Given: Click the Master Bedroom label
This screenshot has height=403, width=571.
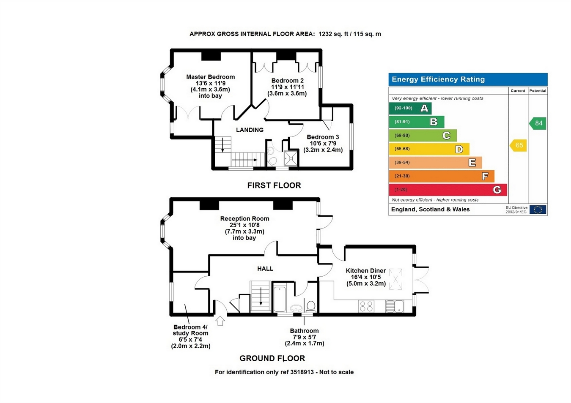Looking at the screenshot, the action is point(210,77).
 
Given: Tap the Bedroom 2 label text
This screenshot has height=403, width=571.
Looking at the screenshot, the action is point(287,81).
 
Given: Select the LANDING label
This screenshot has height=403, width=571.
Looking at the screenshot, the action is point(250,130).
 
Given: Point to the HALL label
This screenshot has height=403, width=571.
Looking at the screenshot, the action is point(265,269).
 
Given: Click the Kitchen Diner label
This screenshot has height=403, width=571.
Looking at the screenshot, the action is point(366,271).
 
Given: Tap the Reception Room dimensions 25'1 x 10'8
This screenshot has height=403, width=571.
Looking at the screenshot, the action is point(244,225).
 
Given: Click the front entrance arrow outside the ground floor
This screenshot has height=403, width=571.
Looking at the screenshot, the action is point(220,321).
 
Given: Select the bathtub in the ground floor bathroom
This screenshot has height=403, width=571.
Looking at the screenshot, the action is point(280,299).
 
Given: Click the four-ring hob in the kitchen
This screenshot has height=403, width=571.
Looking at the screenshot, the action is point(366,306).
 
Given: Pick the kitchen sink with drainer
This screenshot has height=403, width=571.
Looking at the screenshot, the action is point(394,306).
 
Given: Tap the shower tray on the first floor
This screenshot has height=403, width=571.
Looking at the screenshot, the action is point(291,158).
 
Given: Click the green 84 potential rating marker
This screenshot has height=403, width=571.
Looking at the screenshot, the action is point(537,123).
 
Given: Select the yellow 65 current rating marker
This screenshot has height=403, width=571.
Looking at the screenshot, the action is point(518,145).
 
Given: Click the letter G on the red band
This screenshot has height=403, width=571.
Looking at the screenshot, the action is point(497,190).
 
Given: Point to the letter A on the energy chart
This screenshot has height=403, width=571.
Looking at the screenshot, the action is point(424,108).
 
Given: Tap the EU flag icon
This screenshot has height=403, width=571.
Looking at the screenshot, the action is point(538,210).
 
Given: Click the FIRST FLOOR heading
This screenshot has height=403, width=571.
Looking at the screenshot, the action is point(274,185).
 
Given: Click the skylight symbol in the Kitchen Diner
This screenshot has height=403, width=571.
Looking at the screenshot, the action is point(395,279).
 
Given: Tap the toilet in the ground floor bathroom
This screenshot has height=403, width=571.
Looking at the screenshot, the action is point(311,307).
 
